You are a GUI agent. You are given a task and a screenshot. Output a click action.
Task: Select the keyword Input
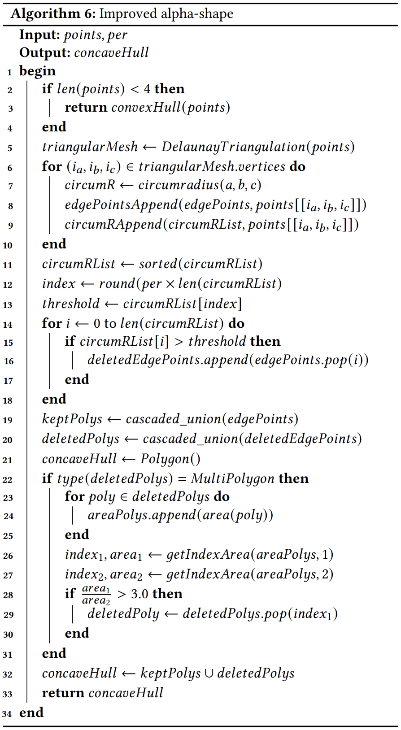click(x=39, y=35)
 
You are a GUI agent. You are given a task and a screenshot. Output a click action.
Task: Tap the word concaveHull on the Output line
click(x=112, y=52)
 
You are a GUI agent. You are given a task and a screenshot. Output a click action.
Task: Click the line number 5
click(x=10, y=148)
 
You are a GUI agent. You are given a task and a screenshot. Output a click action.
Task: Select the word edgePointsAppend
click(x=121, y=204)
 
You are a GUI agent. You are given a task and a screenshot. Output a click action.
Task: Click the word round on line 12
click(x=117, y=283)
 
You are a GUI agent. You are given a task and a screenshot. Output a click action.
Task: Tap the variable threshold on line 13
click(x=71, y=304)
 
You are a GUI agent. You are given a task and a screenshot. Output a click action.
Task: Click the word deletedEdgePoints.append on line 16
click(x=168, y=360)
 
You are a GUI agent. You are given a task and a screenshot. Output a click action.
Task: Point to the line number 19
click(x=8, y=420)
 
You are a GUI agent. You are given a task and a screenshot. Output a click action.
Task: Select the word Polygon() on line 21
click(x=170, y=459)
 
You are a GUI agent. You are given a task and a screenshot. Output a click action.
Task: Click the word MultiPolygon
click(x=232, y=478)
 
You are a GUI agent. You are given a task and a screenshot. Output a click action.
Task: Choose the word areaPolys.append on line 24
click(x=142, y=515)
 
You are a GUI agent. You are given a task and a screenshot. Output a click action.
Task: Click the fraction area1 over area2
click(x=96, y=594)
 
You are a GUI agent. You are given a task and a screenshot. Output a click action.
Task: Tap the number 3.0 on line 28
click(x=139, y=594)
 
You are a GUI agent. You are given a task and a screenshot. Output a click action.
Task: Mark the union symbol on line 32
click(x=209, y=673)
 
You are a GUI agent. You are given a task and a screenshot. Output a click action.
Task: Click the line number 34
click(x=8, y=713)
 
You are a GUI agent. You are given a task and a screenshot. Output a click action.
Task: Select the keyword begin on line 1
click(x=38, y=71)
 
